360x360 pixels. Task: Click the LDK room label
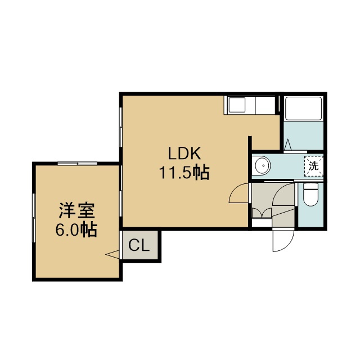click(184, 153)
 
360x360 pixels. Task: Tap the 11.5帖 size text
click(184, 173)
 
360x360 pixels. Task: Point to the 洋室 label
click(76, 210)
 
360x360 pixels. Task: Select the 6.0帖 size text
click(76, 229)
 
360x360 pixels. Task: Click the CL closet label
click(139, 245)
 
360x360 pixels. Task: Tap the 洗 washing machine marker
click(314, 166)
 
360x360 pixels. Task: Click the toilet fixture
click(310, 195)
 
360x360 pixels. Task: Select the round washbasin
click(262, 165)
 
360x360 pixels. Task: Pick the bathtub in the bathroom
click(304, 108)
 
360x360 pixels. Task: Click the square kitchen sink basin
click(236, 105)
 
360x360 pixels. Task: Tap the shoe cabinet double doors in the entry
click(262, 213)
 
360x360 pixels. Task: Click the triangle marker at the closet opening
click(112, 254)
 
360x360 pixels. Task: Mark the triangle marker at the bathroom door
click(287, 145)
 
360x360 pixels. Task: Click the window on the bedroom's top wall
click(78, 163)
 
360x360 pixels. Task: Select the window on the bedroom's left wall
click(34, 218)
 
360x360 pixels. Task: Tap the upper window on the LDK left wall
click(120, 127)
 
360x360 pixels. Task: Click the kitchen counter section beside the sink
click(265, 105)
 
